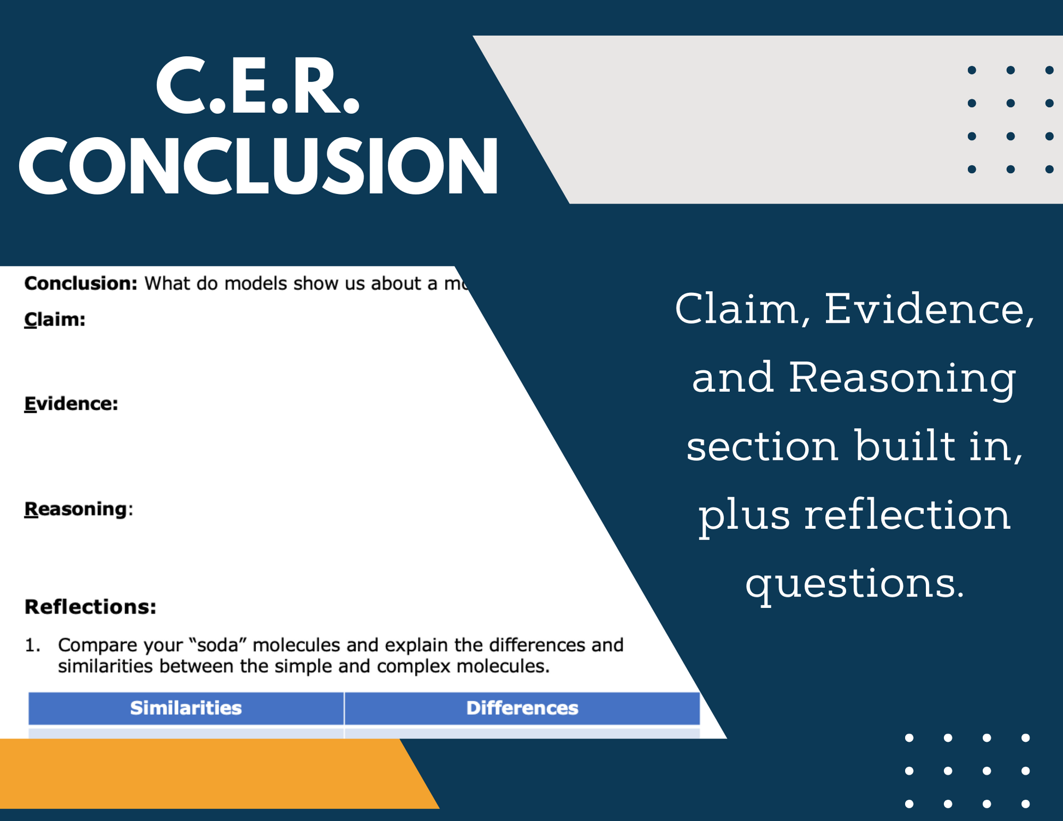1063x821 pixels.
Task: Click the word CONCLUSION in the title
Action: tap(258, 166)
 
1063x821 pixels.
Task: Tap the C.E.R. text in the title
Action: tap(258, 86)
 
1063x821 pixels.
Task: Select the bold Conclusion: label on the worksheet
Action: tap(81, 283)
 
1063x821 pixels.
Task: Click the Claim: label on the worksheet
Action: tap(55, 319)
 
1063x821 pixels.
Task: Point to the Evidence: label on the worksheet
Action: tap(71, 403)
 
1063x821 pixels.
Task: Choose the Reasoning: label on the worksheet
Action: tap(79, 509)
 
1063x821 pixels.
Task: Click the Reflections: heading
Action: tap(91, 607)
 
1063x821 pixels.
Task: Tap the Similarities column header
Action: tap(186, 708)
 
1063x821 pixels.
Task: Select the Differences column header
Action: tap(522, 708)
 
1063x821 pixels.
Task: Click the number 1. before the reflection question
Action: tap(33, 645)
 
